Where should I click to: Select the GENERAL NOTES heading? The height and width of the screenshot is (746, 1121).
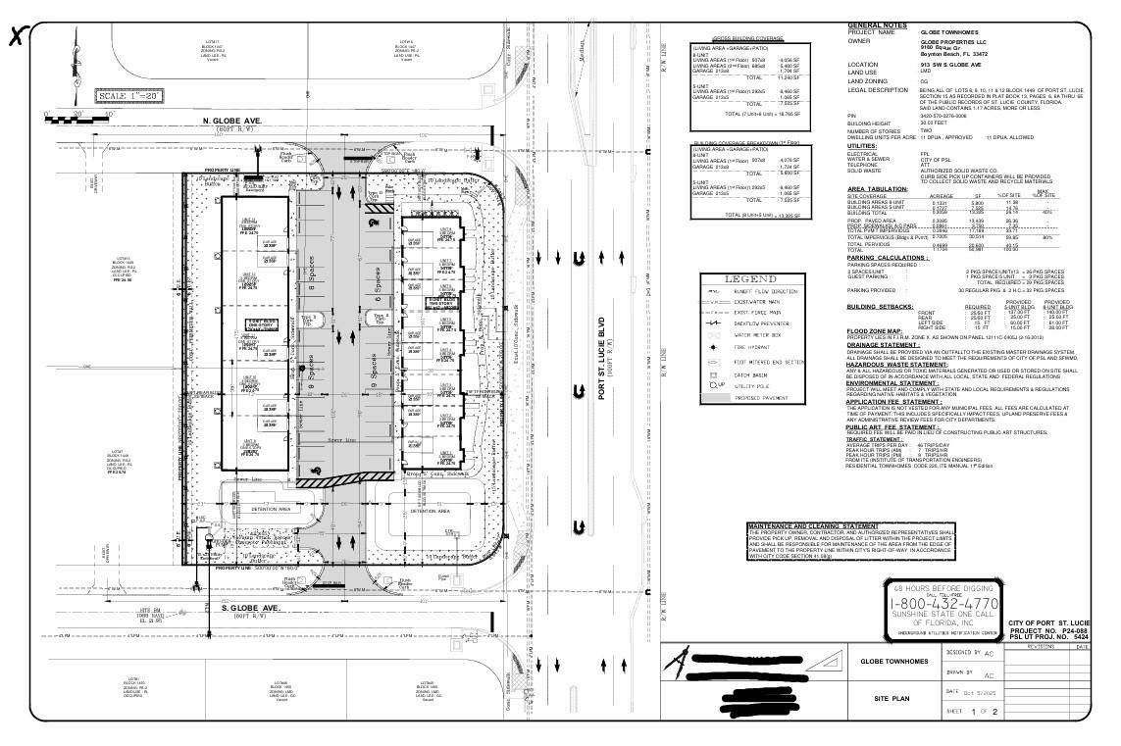(x=877, y=25)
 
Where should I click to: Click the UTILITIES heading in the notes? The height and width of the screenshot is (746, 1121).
(x=869, y=145)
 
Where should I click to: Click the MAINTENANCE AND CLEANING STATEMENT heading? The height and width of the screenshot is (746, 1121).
(x=813, y=526)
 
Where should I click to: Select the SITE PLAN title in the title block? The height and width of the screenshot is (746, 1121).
(x=893, y=699)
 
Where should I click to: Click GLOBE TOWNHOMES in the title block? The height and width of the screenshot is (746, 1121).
(x=893, y=662)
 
